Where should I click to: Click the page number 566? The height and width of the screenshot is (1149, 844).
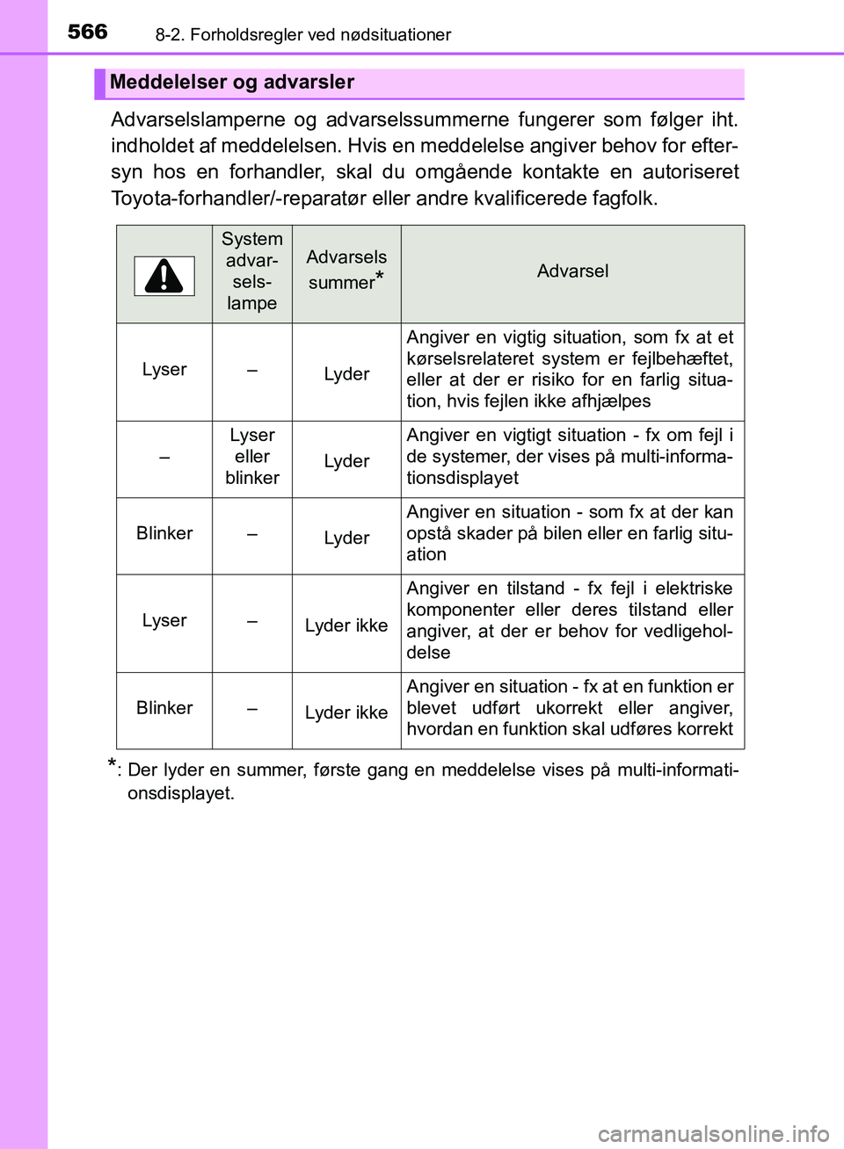(x=87, y=32)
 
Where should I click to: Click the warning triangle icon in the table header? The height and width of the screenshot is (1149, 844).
(x=164, y=276)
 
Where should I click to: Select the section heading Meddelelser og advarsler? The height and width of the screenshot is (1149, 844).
(x=232, y=83)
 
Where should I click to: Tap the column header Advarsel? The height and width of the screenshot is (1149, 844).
(x=572, y=271)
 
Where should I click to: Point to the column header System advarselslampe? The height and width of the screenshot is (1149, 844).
(x=252, y=271)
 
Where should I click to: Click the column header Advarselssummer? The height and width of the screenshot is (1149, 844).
(x=346, y=270)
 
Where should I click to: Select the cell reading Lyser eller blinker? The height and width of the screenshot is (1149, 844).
(x=252, y=457)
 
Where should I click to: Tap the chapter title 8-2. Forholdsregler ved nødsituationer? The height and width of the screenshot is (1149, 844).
(x=302, y=35)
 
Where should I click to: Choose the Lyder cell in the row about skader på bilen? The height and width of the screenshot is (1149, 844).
(x=346, y=538)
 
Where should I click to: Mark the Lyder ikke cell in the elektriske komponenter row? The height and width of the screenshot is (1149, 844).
(x=346, y=625)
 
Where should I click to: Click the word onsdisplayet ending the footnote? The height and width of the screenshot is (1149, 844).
(x=180, y=793)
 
